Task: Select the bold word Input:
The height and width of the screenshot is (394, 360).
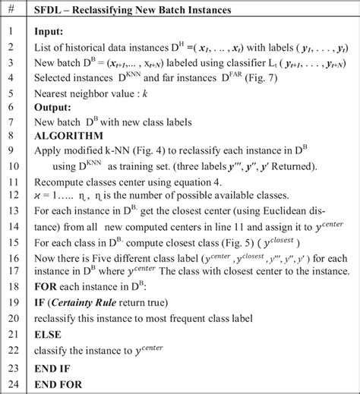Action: point(51,33)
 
